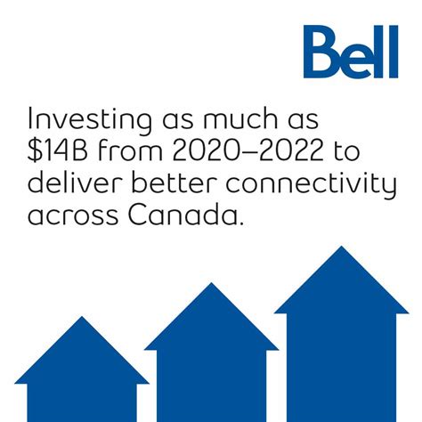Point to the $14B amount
pos(63,153)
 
